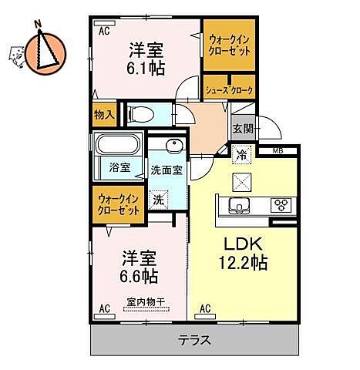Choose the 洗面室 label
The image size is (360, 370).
click(167, 170)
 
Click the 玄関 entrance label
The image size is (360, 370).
click(242, 129)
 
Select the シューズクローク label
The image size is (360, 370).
click(228, 89)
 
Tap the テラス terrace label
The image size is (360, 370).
click(194, 339)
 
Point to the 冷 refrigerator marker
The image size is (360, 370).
click(241, 154)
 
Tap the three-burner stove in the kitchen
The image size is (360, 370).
click(281, 205)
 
